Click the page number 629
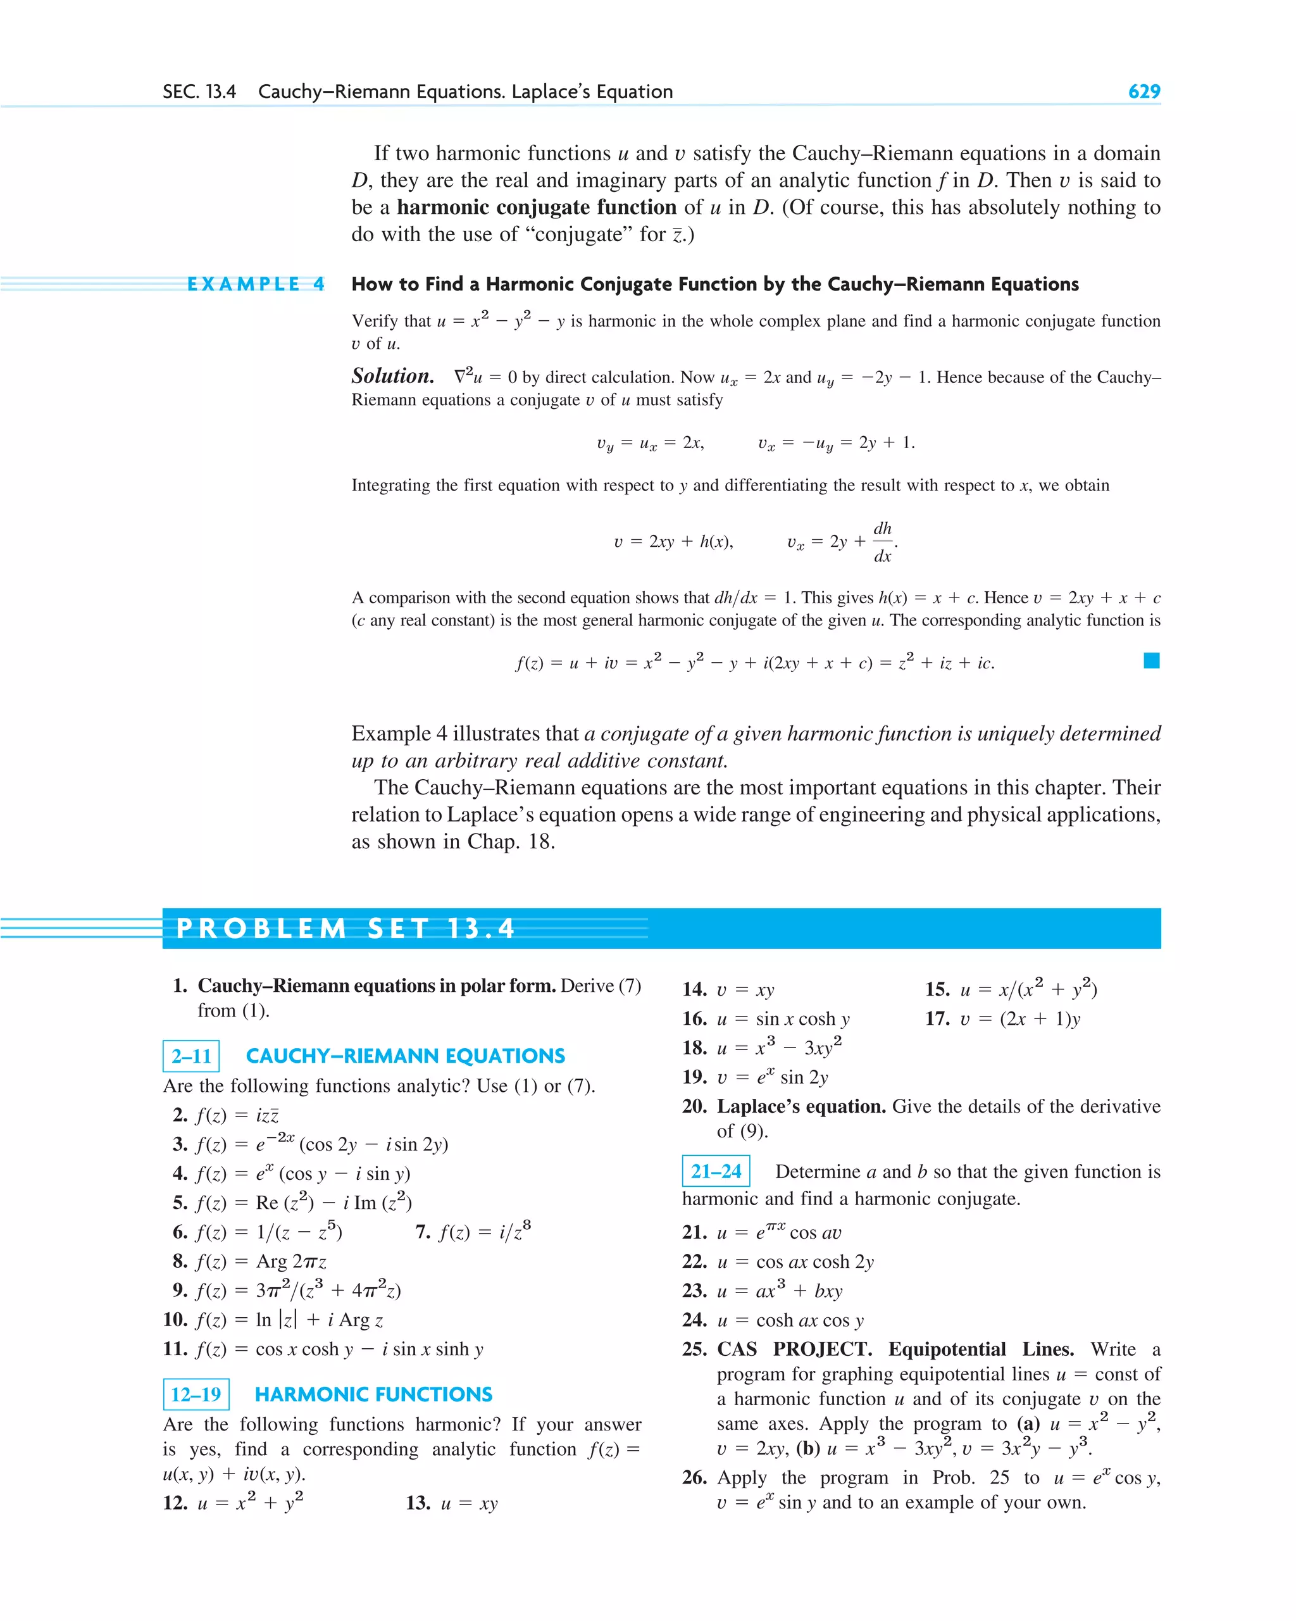1143,92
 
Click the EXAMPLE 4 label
256,284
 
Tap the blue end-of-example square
1151,661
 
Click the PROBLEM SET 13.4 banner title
345,929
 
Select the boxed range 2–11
191,1056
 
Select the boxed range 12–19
196,1394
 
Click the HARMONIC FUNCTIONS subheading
373,1394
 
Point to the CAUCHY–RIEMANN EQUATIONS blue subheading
405,1056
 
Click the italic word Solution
392,376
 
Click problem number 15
937,989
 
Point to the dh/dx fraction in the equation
883,542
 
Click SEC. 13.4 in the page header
199,92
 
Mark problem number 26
695,1478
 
